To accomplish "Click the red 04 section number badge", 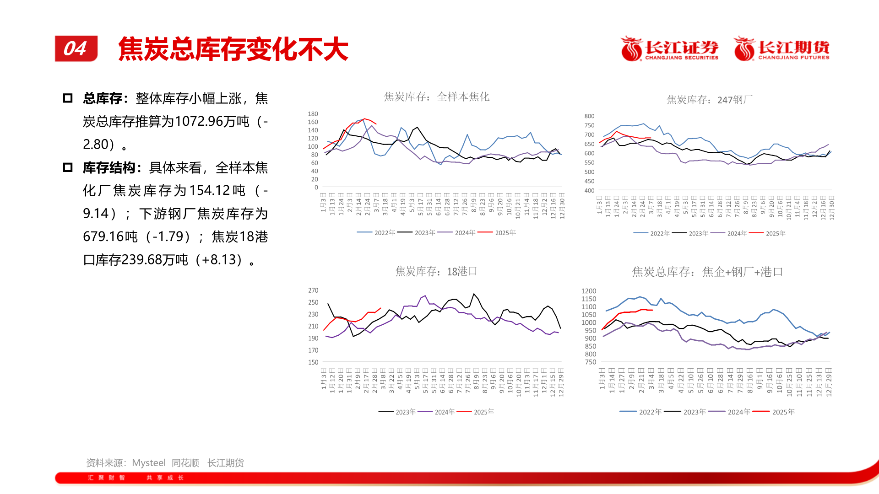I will [x=76, y=48].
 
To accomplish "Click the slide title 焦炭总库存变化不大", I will [x=233, y=49].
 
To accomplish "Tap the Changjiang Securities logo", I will [x=669, y=49].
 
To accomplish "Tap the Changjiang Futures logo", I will [x=781, y=49].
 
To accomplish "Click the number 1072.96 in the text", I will [x=199, y=122].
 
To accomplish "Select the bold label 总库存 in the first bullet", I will [x=103, y=98].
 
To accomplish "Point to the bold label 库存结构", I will [x=109, y=168].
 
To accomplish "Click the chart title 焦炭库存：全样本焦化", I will [x=436, y=97].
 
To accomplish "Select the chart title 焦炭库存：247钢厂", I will [x=709, y=100].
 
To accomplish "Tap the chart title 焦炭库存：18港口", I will [x=436, y=272].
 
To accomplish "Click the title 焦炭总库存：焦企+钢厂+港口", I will [x=707, y=272].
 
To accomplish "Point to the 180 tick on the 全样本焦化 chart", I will [x=313, y=114].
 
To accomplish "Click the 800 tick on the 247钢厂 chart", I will [x=589, y=116].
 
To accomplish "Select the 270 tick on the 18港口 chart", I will [x=313, y=290].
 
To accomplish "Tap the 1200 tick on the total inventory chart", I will [x=589, y=291].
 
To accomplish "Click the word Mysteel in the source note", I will [x=149, y=463].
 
